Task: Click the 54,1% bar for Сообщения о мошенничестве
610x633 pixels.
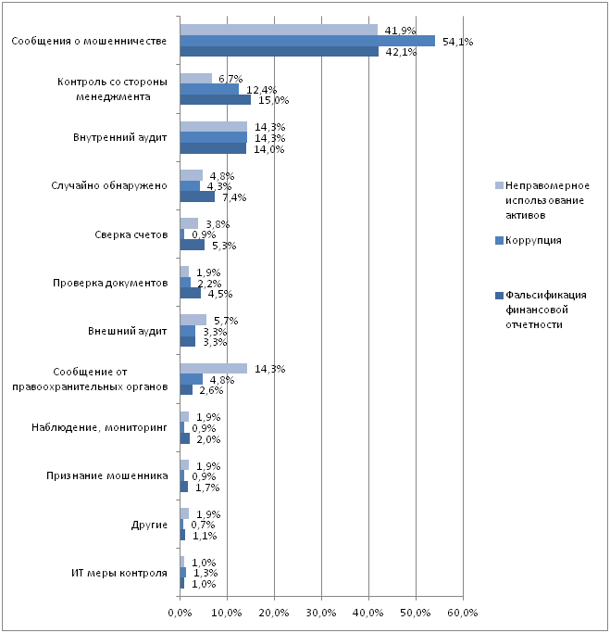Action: point(307,41)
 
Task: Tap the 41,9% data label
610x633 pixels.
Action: point(400,31)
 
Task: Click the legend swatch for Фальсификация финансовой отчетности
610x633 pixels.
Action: point(499,296)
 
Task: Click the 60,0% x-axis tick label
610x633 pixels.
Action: point(463,613)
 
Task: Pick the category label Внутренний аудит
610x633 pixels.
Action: point(119,138)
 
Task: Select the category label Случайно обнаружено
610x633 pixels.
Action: point(109,185)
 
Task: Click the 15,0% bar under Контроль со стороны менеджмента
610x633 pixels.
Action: point(216,99)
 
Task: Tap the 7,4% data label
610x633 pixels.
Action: point(234,197)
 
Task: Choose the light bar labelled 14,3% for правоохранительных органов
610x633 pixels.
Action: point(213,368)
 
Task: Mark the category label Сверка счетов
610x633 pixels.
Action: point(131,235)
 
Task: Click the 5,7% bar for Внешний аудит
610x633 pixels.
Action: point(193,320)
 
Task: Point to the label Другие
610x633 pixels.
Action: point(149,525)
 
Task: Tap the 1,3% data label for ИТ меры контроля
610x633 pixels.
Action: point(205,573)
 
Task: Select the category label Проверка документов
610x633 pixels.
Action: point(110,283)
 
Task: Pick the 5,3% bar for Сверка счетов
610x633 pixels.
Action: point(192,245)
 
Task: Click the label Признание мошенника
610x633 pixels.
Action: point(106,476)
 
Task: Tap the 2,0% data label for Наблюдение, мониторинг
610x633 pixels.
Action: point(208,439)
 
